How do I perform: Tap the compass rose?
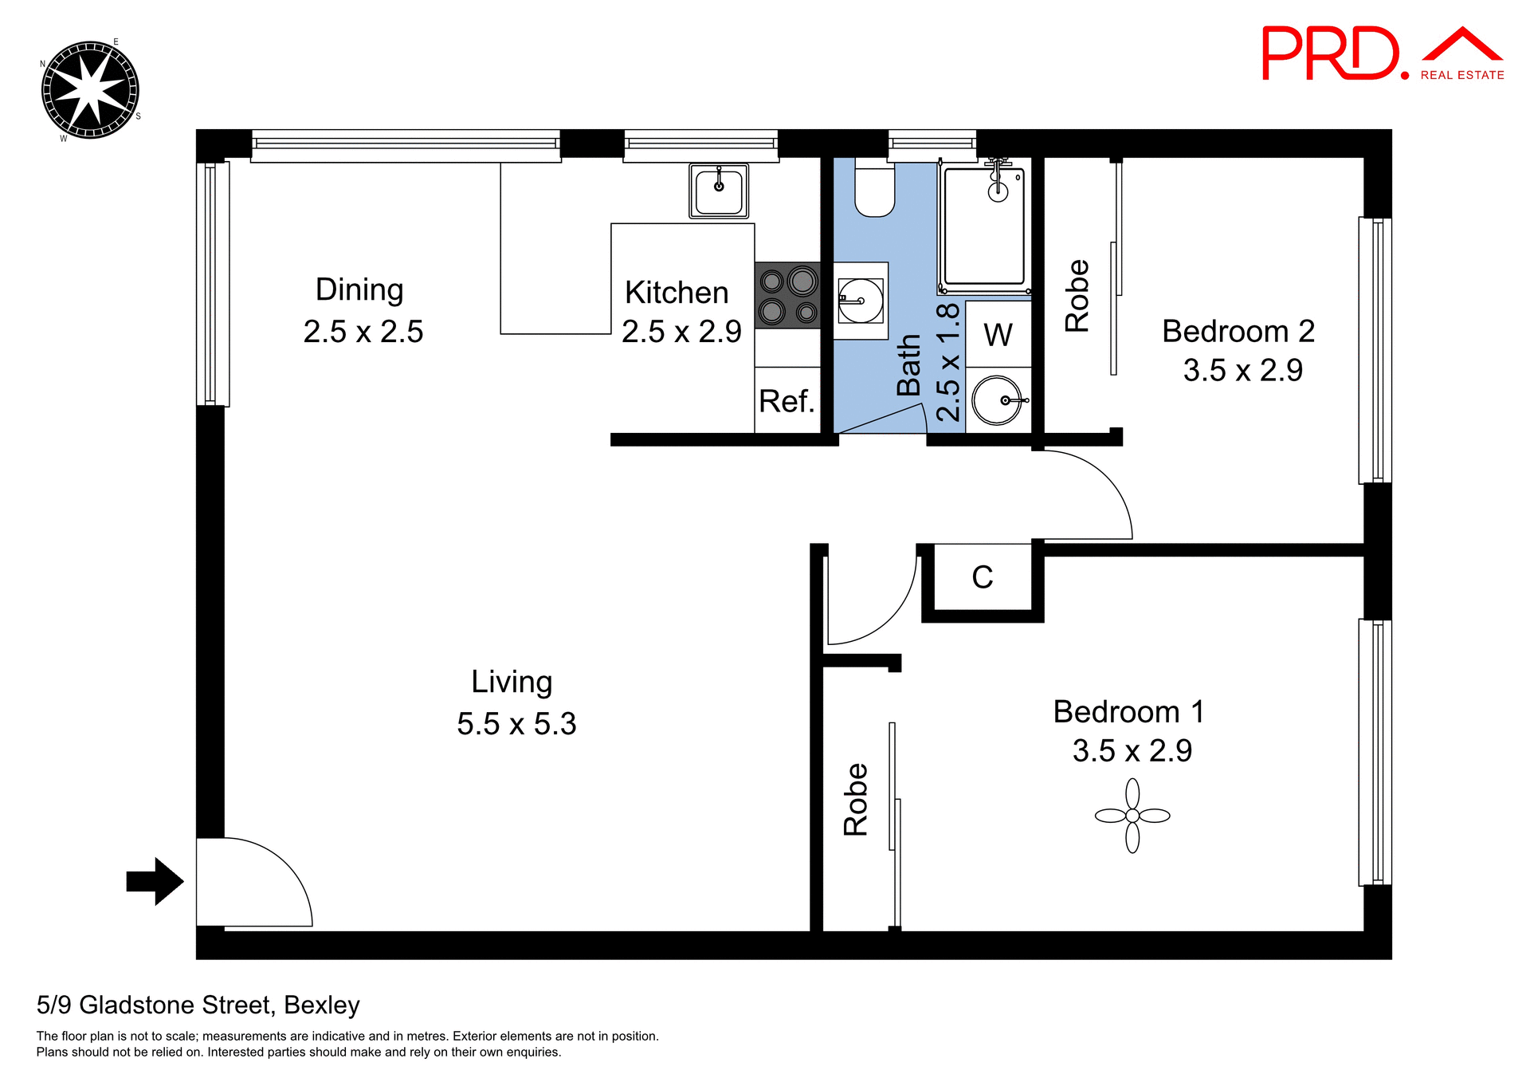[90, 90]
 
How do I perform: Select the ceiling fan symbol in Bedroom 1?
[1132, 816]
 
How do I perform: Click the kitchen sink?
[719, 191]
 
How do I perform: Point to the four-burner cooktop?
[787, 295]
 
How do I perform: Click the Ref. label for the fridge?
[787, 401]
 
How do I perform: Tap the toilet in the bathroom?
[874, 189]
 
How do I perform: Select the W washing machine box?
[998, 334]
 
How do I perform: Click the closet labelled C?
[983, 577]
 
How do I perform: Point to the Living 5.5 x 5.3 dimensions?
[516, 724]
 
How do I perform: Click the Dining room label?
[359, 289]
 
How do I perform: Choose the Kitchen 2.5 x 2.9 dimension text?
[681, 332]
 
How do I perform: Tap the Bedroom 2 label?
[1238, 331]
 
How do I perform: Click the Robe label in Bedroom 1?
[856, 799]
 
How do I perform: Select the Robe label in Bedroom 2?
[1077, 296]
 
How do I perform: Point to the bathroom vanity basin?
[861, 301]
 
